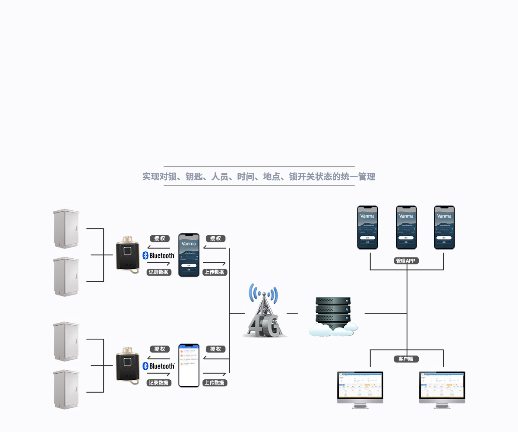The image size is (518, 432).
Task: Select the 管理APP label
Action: pos(407,261)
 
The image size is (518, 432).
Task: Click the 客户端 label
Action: pos(406,359)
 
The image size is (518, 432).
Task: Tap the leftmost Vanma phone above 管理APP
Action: pos(367,227)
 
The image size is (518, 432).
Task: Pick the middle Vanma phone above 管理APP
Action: pos(406,227)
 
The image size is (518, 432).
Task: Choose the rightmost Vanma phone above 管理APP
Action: pos(444,227)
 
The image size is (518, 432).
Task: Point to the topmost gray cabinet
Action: pos(66,229)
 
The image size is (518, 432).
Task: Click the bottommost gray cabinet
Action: pos(66,389)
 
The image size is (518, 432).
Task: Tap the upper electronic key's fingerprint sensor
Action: pos(128,251)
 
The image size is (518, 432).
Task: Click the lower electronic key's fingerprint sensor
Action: pos(128,362)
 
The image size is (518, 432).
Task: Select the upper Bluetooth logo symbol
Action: pos(145,255)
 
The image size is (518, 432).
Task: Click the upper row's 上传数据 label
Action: pos(215,272)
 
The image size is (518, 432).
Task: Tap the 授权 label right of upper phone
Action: pos(215,238)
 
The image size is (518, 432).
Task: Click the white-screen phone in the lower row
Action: pos(189,365)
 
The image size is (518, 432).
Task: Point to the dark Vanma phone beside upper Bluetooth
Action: pos(189,255)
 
